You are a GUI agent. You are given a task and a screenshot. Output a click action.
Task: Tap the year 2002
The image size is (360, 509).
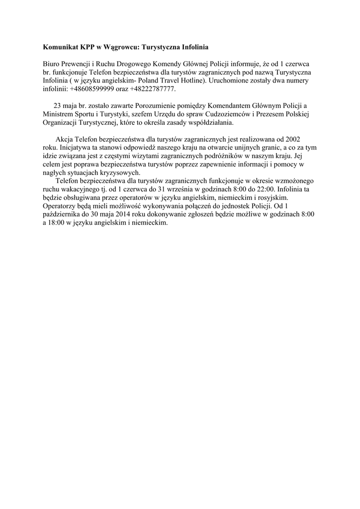291,140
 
